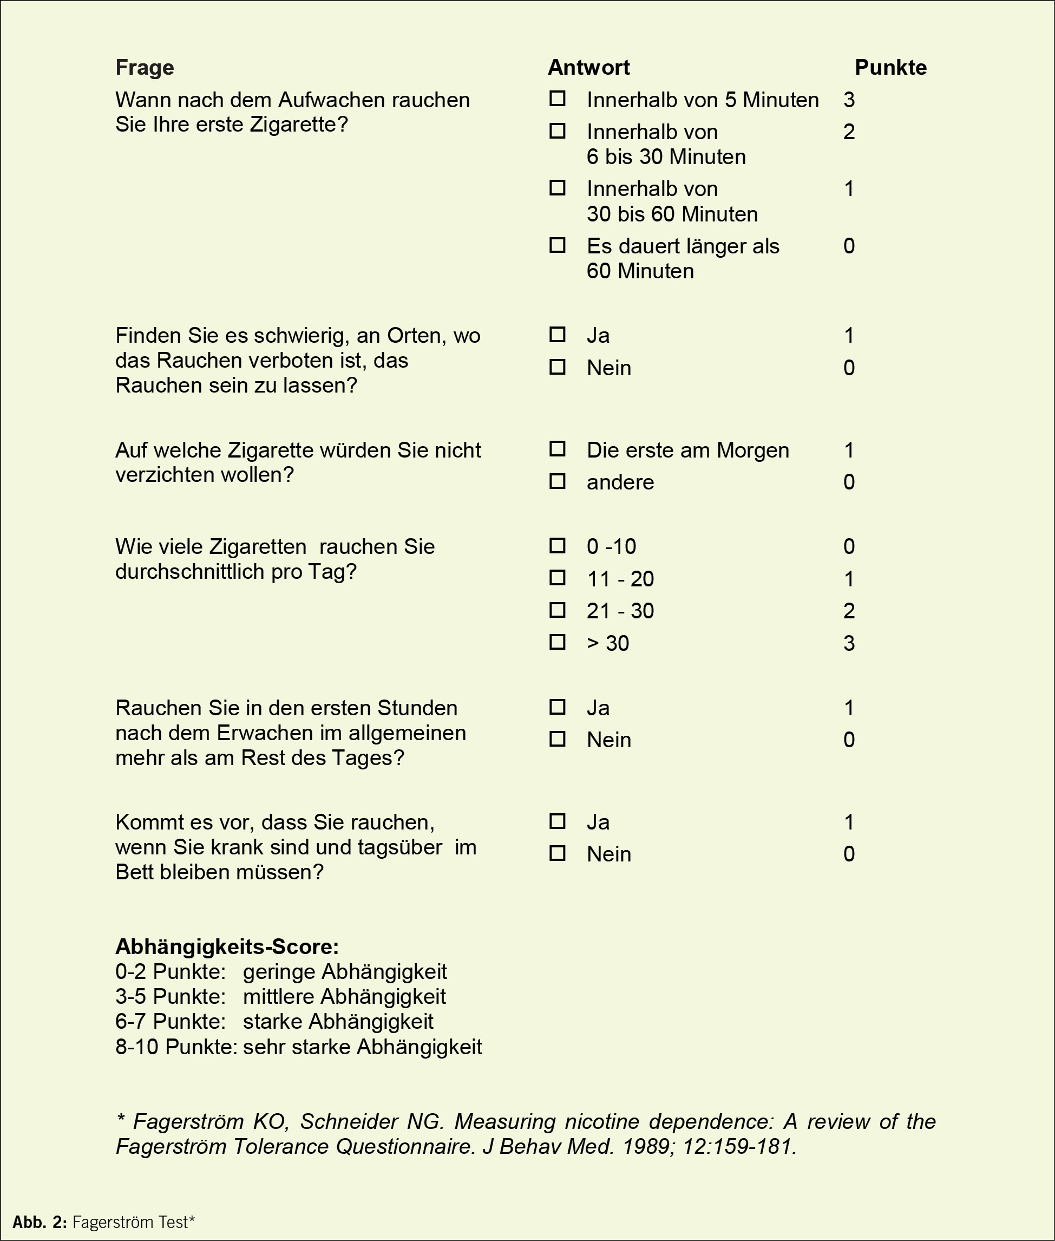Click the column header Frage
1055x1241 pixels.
[x=144, y=68]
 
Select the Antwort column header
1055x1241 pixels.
[x=588, y=68]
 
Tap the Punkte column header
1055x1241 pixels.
[x=890, y=68]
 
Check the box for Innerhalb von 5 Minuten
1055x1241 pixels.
[x=558, y=99]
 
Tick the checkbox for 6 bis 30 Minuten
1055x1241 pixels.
[x=558, y=131]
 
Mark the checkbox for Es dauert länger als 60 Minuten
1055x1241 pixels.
[x=558, y=245]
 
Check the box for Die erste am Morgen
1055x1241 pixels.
[x=558, y=449]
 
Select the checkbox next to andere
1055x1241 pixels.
[x=558, y=481]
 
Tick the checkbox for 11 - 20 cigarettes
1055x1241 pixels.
[x=558, y=578]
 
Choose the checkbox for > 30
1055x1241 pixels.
[x=558, y=642]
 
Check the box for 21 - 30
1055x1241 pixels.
[x=558, y=610]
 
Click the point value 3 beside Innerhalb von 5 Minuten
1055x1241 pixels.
[x=849, y=100]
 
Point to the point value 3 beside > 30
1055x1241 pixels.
[x=849, y=644]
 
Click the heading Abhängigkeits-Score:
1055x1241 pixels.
[x=227, y=947]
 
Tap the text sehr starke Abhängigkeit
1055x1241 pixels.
[x=363, y=1047]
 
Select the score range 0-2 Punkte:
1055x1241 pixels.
[x=171, y=972]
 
